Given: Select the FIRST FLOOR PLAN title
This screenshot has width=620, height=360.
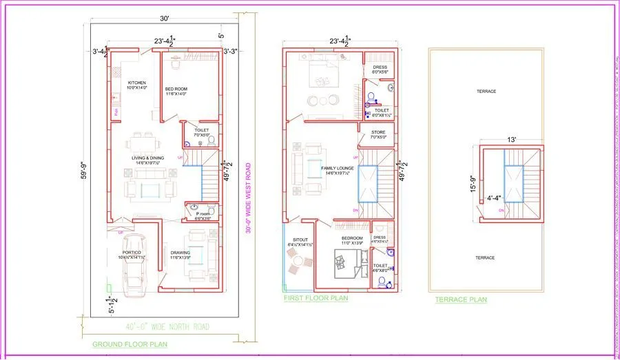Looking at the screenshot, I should pos(316,299).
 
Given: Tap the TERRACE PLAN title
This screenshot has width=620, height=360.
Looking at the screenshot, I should pos(461,299).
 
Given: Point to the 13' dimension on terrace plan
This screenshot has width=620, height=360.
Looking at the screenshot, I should pos(510,140).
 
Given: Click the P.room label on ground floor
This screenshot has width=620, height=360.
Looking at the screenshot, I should pos(203,215).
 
